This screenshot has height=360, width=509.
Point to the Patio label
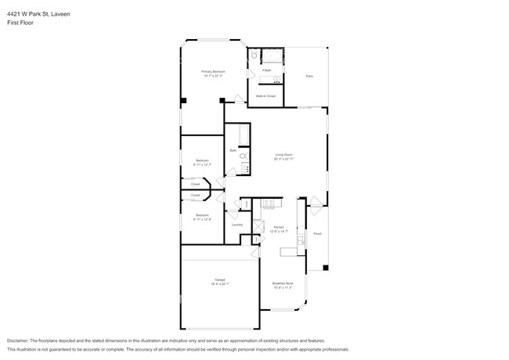pos(309,76)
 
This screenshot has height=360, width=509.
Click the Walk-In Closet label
pos(265,95)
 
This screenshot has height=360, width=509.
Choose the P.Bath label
pos(266,71)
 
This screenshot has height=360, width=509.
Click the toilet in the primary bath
pos(254,56)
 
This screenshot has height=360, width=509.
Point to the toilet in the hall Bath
pos(243,157)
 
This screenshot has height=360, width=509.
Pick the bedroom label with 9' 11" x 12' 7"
pos(202,163)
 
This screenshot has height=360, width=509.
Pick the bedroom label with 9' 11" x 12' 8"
pos(202,217)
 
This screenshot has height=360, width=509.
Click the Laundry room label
pos(236,225)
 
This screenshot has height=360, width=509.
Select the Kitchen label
pos(278,229)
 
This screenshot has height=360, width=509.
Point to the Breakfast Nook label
pos(283,285)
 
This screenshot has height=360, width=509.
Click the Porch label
pos(317,234)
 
